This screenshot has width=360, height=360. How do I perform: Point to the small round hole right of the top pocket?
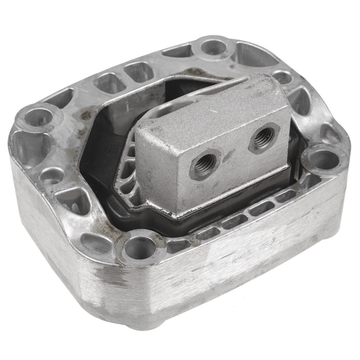[x=282, y=77]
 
